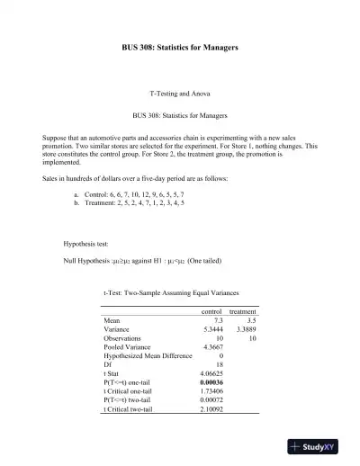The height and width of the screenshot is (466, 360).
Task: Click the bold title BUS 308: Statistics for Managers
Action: [180, 47]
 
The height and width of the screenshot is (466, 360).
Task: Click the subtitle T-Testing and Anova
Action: [180, 94]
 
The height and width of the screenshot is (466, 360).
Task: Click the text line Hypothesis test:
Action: [87, 244]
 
